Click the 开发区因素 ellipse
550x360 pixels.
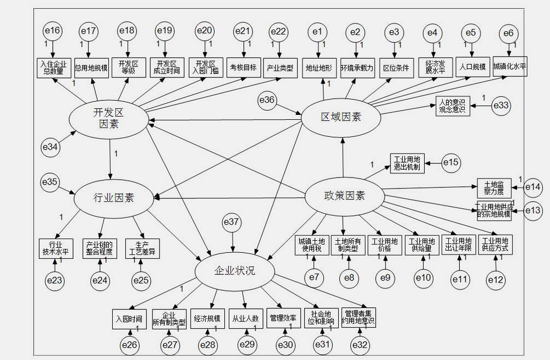(x=108, y=119)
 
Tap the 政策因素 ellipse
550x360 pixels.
(x=344, y=196)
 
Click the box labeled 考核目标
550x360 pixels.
(x=243, y=68)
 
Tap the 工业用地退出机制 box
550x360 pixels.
(x=408, y=163)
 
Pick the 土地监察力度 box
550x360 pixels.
(x=494, y=187)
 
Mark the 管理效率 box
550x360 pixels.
(x=283, y=318)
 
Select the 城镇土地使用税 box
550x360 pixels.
(x=312, y=245)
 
